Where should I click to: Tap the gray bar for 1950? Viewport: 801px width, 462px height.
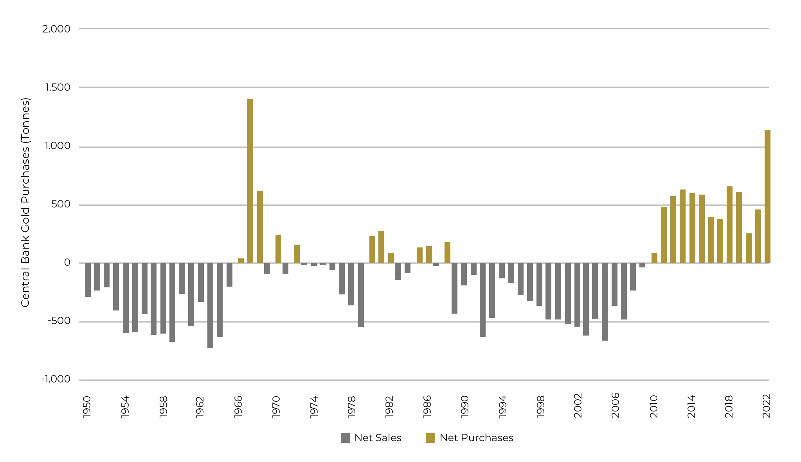coord(88,280)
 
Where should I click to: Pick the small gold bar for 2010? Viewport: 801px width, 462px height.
coord(654,258)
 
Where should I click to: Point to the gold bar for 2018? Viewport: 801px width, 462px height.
coord(729,225)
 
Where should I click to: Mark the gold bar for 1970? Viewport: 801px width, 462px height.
coord(278,249)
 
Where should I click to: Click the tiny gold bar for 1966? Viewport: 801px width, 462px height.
coord(241,261)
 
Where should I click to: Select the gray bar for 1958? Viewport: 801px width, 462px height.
coord(163,298)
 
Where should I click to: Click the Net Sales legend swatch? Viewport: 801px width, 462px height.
coord(345,438)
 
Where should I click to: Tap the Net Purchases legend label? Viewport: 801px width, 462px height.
coord(476,438)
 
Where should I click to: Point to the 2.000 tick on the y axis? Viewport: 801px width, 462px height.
coord(56,29)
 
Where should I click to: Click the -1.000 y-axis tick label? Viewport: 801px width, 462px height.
coord(56,379)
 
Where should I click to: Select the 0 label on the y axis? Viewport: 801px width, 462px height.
coord(67,263)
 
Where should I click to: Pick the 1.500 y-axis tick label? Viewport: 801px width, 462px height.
coord(58,87)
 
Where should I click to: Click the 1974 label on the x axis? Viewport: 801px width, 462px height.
coord(314,407)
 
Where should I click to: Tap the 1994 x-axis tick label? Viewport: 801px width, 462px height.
coord(502,407)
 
